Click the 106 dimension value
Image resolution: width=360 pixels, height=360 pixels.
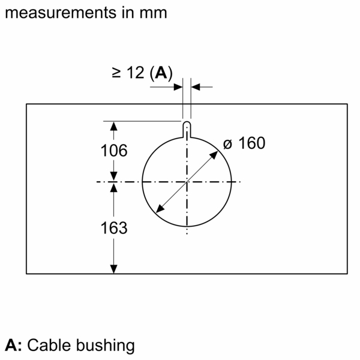[x=113, y=151]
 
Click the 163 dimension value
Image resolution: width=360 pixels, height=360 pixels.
[x=113, y=228]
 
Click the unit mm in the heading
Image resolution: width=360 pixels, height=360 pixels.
[x=155, y=12]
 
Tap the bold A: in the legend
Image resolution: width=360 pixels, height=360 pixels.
[x=14, y=346]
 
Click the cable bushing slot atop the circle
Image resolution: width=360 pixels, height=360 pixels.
[x=187, y=128]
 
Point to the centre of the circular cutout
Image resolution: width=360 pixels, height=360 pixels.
[x=187, y=182]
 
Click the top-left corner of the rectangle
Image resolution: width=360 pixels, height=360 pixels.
[x=26, y=104]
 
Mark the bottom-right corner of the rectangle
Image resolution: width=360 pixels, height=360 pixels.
[x=347, y=274]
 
